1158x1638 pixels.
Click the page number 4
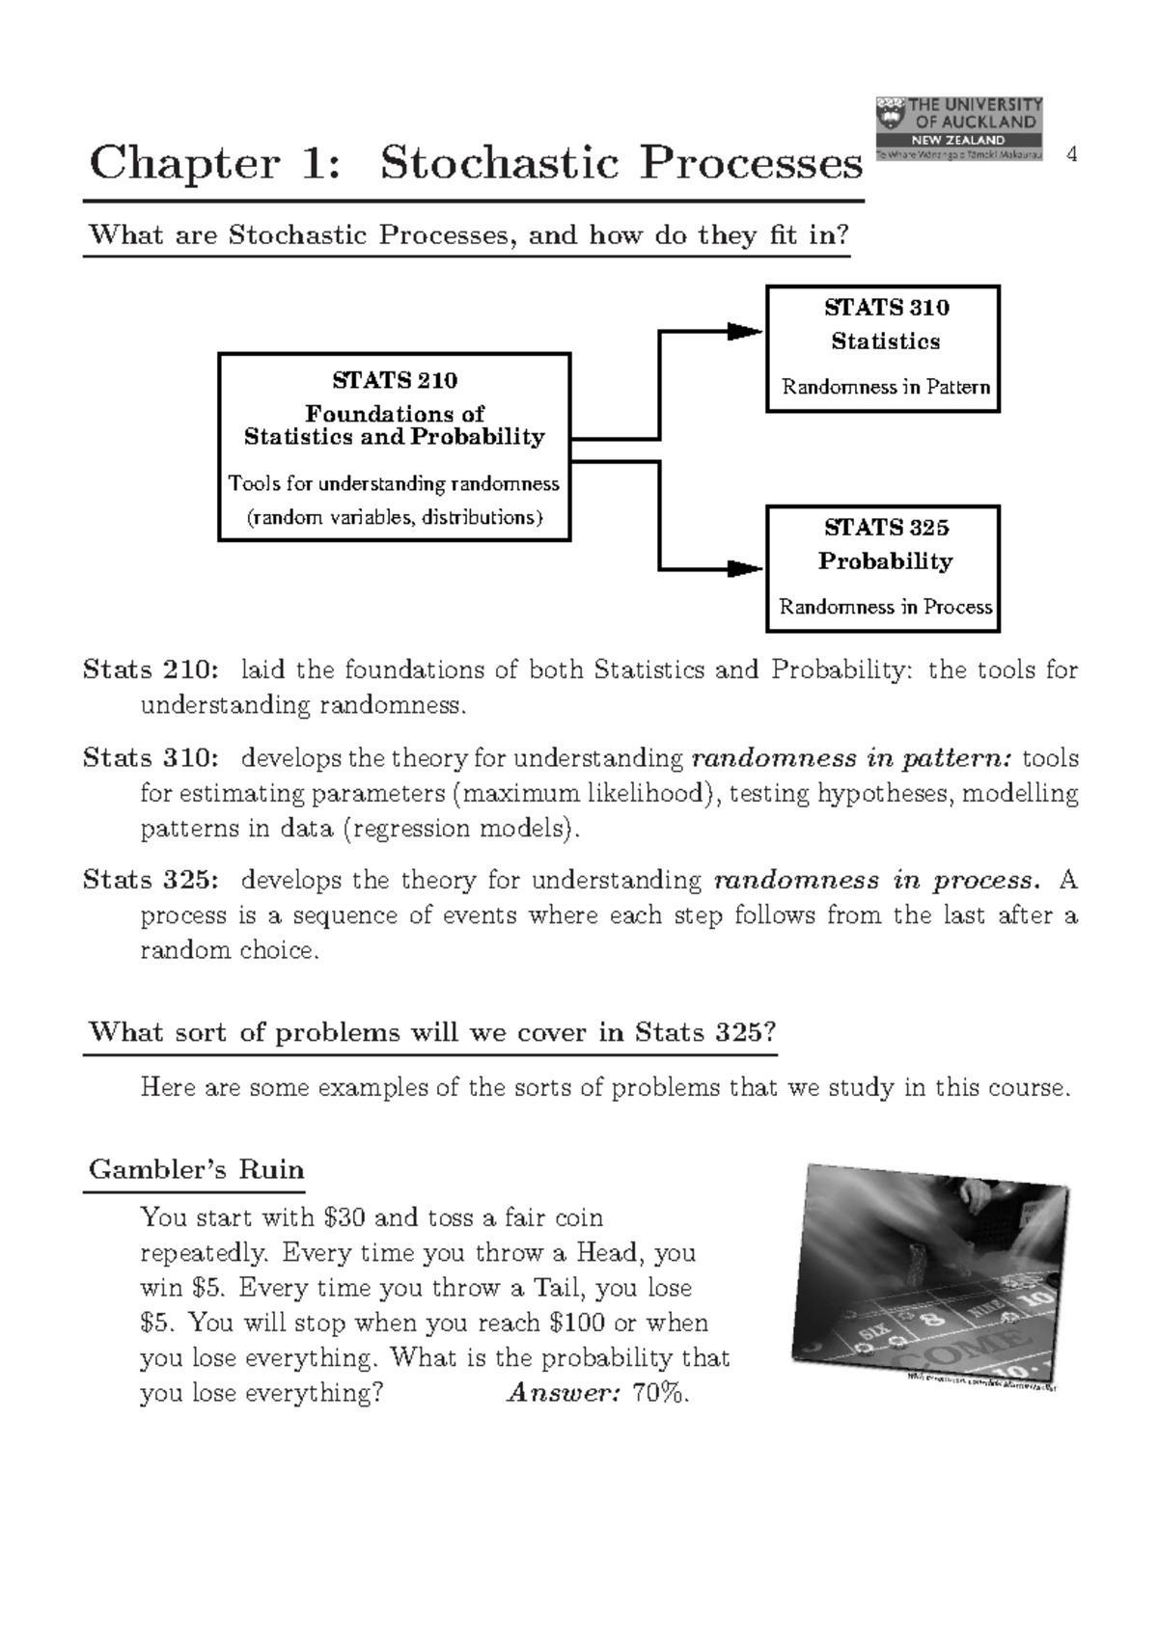pos(1071,154)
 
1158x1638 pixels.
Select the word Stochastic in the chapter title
pos(499,163)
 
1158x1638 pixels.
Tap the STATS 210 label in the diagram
pos(395,380)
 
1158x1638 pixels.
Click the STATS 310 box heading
pos(886,308)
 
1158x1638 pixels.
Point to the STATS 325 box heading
pos(886,528)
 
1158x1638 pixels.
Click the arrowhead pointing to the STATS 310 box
pos(744,332)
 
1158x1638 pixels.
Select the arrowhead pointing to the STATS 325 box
pos(744,568)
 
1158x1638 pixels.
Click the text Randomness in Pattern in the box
pos(885,388)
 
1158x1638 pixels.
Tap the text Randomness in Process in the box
pos(885,608)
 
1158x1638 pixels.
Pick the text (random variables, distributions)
pos(395,518)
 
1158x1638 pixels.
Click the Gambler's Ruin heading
pos(196,1170)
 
